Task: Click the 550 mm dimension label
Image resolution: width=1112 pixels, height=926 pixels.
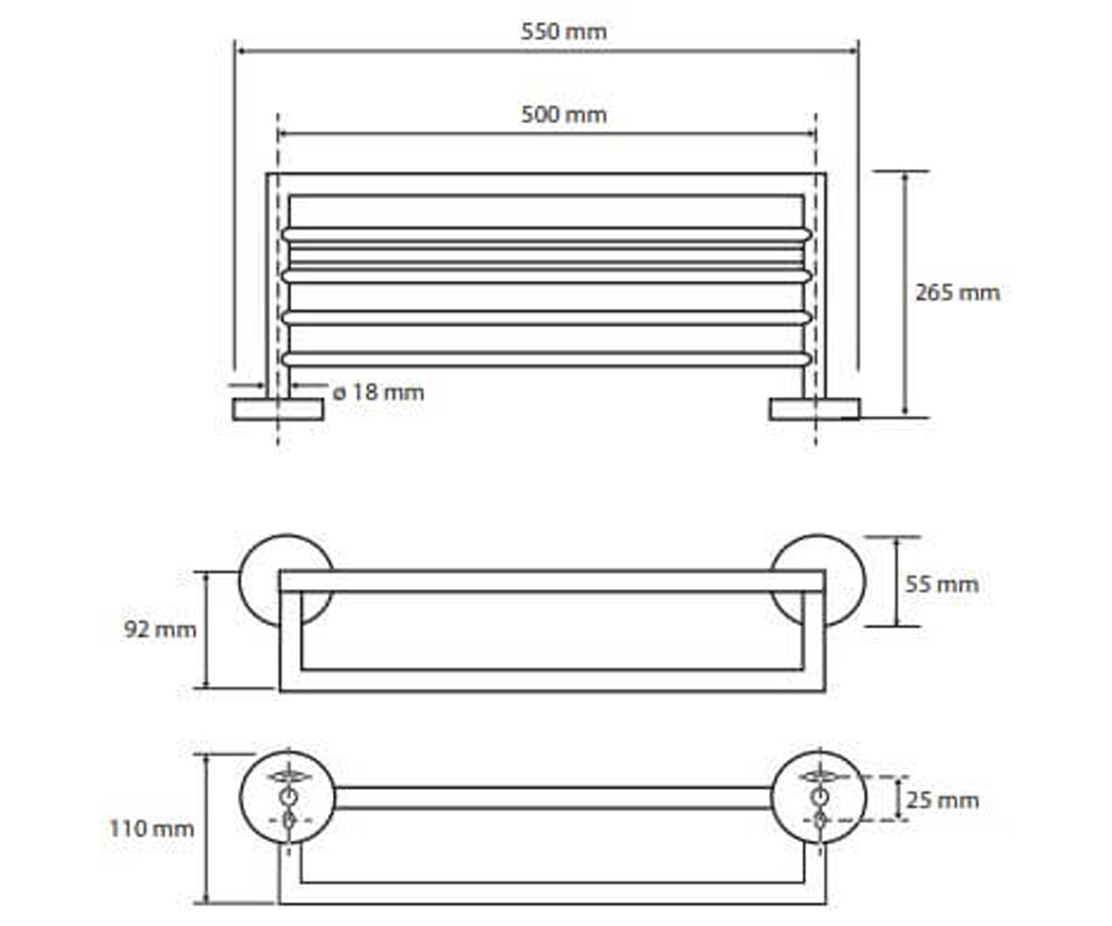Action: [564, 31]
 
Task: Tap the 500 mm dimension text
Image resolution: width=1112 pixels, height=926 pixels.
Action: [564, 115]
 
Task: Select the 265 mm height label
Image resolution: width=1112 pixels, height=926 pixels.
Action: [957, 293]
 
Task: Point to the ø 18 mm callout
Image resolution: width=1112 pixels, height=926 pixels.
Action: [378, 393]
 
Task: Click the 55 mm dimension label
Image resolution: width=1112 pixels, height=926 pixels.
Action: [942, 584]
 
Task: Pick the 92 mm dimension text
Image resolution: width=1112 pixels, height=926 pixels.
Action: [160, 630]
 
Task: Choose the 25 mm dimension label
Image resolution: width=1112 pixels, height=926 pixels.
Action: [942, 800]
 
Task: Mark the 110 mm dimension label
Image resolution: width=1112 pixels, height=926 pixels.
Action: [152, 829]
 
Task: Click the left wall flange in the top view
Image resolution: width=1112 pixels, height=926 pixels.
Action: [278, 409]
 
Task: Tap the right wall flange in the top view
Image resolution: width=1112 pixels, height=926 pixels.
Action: [815, 409]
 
